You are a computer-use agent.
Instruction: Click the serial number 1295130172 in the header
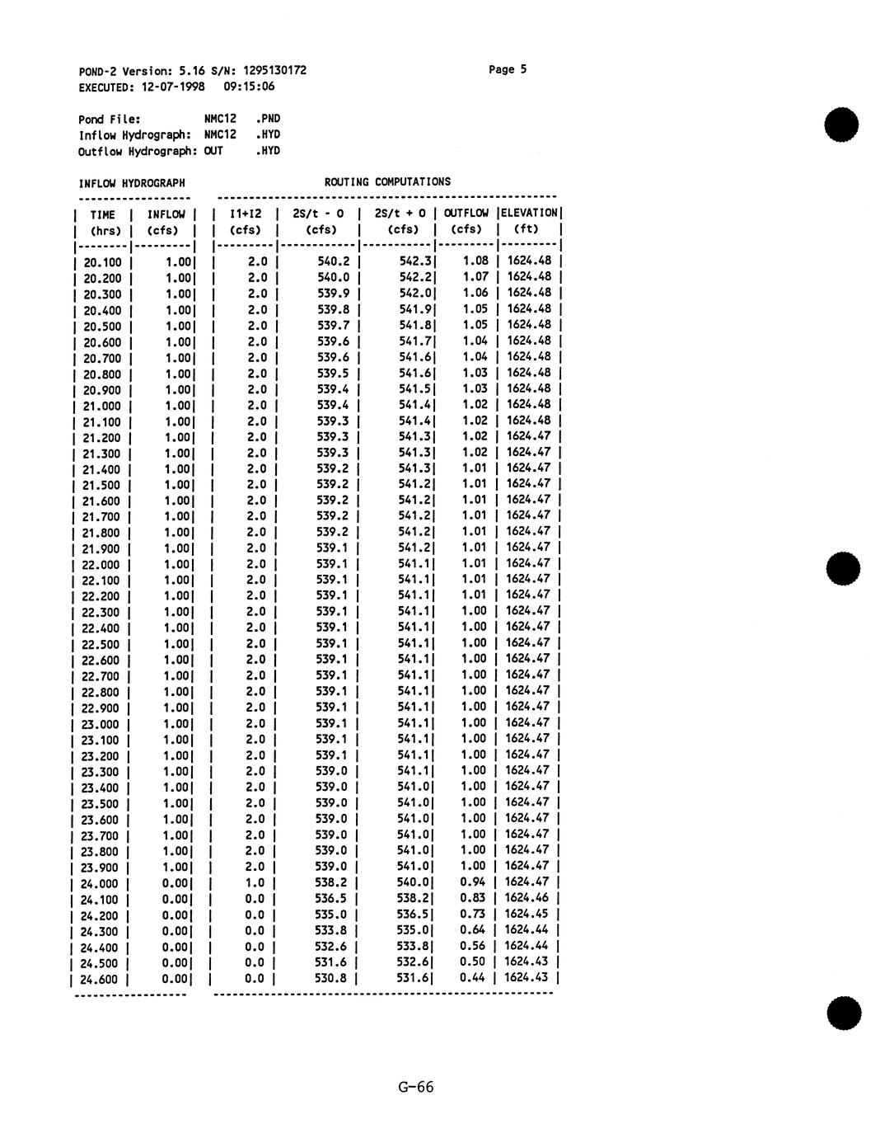pos(275,70)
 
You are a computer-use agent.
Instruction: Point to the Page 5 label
pos(508,69)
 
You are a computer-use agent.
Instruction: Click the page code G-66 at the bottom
pos(415,1087)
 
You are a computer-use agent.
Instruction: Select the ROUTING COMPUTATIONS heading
pos(387,181)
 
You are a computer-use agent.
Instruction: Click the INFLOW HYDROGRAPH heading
pos(132,182)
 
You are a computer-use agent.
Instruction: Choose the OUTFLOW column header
pos(466,214)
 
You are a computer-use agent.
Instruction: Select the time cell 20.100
pos(102,262)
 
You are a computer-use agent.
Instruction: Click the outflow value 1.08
pos(475,261)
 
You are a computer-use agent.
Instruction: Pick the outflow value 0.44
pos(473,977)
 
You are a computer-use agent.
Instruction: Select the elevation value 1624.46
pos(527,898)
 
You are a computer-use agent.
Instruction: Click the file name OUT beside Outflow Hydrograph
pos(213,151)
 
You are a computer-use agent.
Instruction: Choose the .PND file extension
pos(268,119)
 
